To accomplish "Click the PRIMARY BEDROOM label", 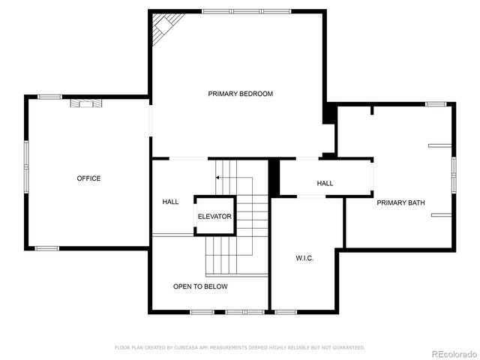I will point(240,94).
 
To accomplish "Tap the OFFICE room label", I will point(88,178).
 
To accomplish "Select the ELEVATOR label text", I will point(214,217).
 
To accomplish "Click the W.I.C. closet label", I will point(304,258).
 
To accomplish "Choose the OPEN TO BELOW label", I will point(200,286).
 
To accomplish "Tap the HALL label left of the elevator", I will point(170,202).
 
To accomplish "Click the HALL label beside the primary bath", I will point(325,183).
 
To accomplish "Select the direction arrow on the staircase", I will point(218,178).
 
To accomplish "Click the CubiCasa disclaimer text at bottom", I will point(240,347).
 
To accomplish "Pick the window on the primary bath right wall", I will point(454,174).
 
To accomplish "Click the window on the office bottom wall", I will point(47,248).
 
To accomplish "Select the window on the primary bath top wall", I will point(436,103).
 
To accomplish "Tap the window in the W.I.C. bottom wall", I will point(285,311).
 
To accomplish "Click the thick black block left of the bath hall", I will point(274,178).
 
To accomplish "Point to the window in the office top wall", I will point(50,97).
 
